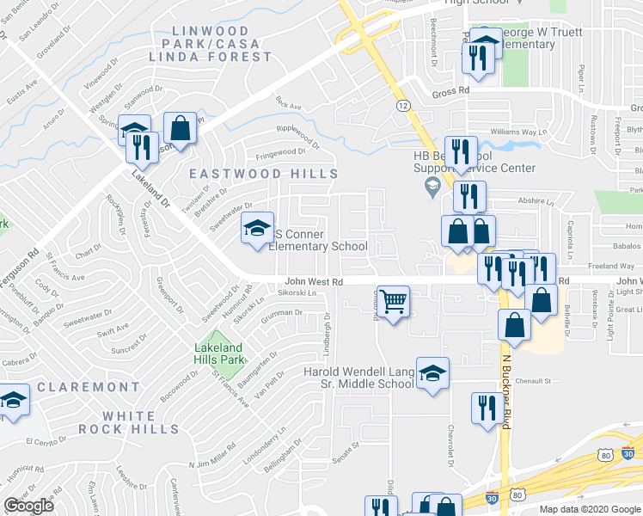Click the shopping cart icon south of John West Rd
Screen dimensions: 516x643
tap(393, 302)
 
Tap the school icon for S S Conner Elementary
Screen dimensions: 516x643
tap(256, 228)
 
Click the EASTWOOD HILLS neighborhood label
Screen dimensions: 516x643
tap(264, 174)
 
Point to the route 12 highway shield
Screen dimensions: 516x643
tap(402, 104)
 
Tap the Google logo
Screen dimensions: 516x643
tap(28, 506)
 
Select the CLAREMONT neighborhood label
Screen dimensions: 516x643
tap(76, 388)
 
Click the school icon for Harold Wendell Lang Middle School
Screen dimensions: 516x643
tap(433, 372)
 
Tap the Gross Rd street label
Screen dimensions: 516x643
tap(450, 89)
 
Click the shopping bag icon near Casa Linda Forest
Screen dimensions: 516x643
tap(181, 129)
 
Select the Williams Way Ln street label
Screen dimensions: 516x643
tap(518, 132)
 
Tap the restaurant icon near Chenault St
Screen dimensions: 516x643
tap(487, 408)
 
